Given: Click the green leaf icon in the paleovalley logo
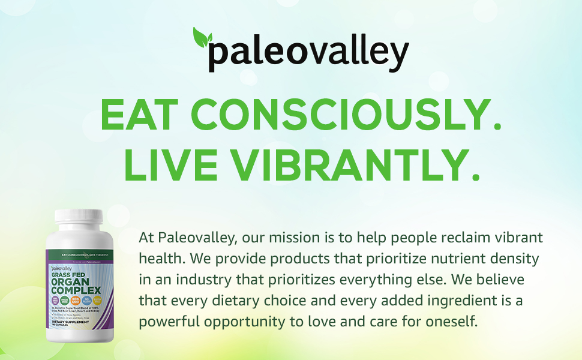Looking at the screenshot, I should tap(202, 37).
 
